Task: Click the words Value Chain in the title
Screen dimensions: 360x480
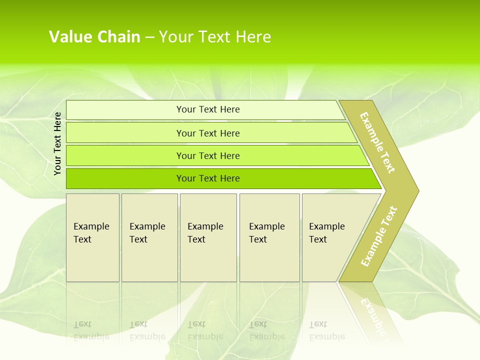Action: click(94, 36)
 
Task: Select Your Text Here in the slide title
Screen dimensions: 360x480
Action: click(215, 36)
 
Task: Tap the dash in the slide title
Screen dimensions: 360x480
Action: click(149, 37)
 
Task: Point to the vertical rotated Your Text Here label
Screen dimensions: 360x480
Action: click(57, 143)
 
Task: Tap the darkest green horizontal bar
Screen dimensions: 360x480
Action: click(125, 178)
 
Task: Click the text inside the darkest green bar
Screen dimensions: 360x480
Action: click(208, 178)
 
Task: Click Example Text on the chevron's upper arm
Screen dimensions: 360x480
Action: click(377, 142)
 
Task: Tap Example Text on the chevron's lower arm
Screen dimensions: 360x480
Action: click(379, 236)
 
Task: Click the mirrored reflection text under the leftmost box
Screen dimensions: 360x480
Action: click(91, 330)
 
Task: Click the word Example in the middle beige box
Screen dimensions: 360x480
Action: click(205, 226)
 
